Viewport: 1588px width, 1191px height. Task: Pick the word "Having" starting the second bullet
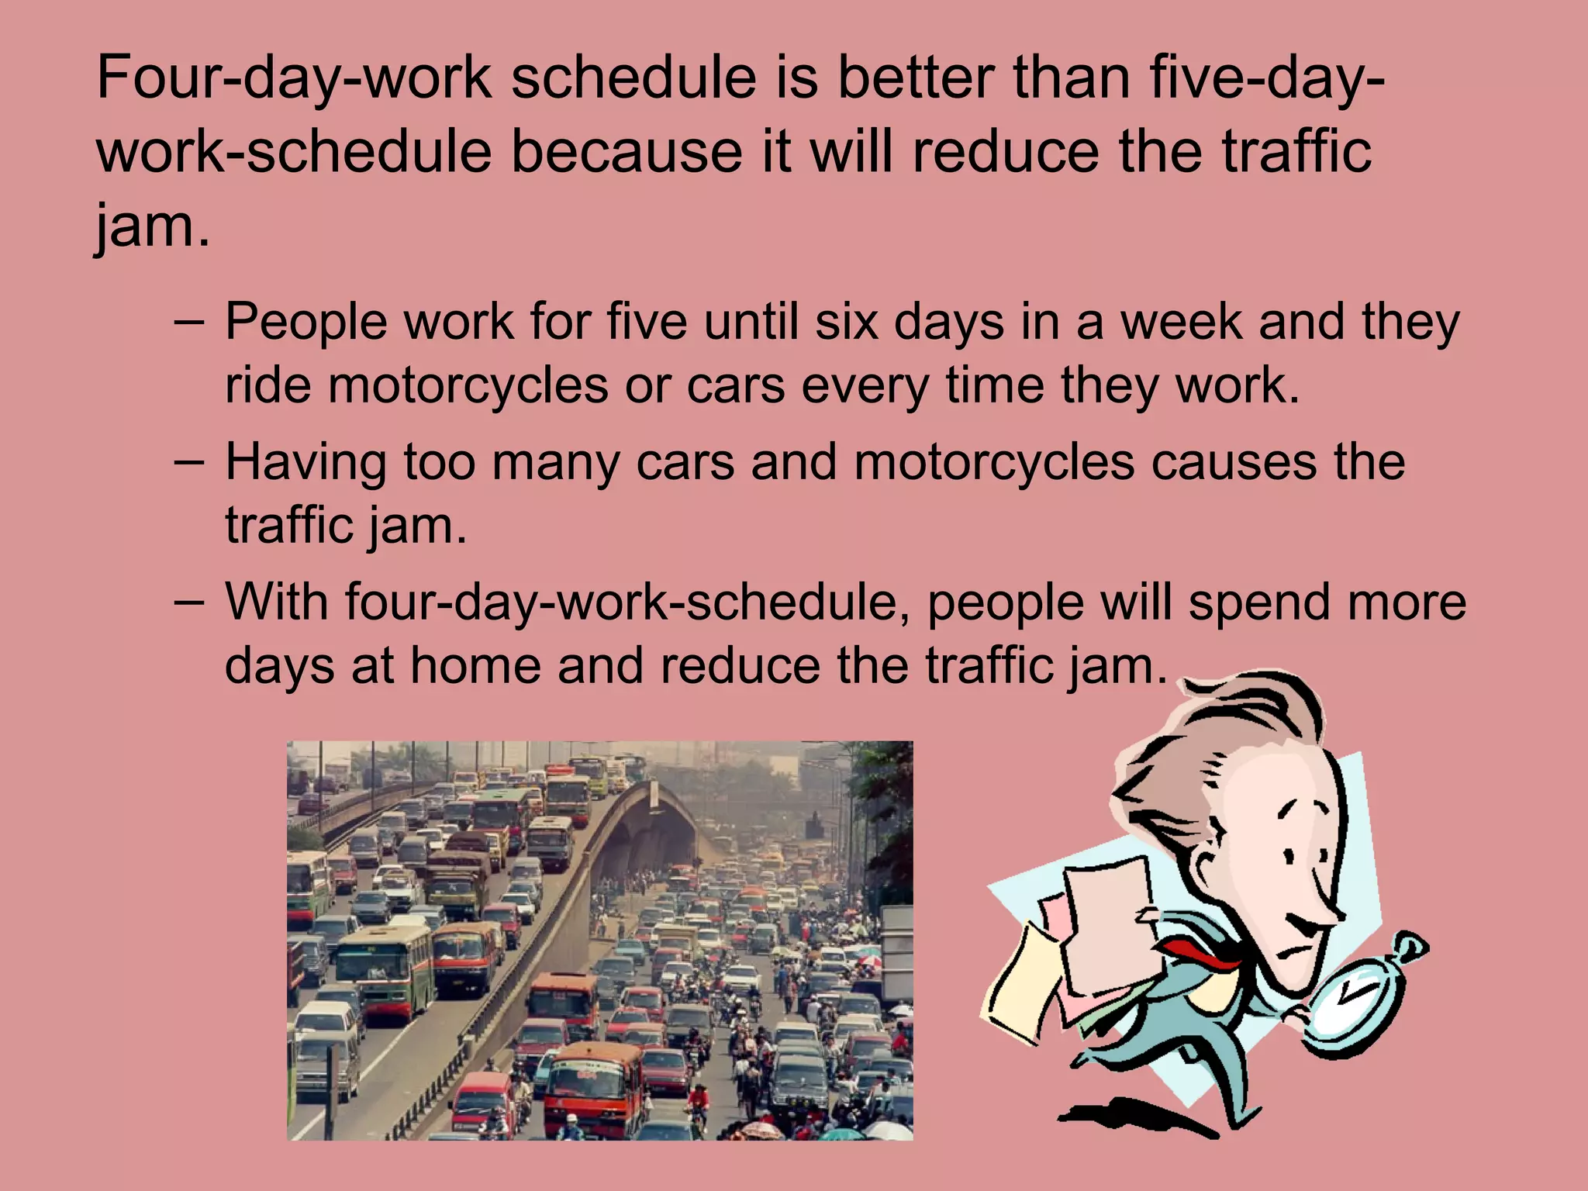pyautogui.click(x=306, y=463)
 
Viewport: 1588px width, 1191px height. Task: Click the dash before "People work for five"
pyautogui.click(x=190, y=320)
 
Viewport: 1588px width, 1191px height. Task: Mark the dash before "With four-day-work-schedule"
pyautogui.click(x=190, y=601)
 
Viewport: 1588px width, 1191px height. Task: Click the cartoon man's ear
pyautogui.click(x=1211, y=865)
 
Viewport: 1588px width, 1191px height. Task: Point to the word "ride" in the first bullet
pyautogui.click(x=268, y=385)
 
